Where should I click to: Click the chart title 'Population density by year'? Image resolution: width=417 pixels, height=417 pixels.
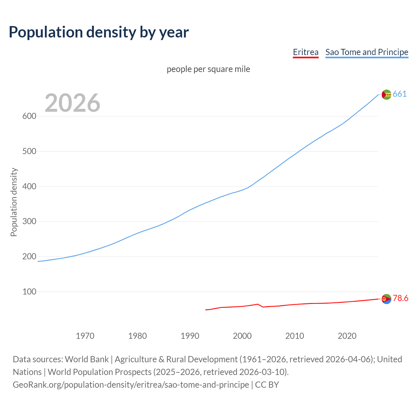point(99,32)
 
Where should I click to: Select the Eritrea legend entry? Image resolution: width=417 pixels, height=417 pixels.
point(306,52)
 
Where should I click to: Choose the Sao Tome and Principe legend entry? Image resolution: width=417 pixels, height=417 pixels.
point(367,52)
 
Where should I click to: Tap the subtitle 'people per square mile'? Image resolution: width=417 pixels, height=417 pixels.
point(208,69)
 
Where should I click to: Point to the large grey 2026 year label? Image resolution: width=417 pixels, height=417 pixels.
point(72,103)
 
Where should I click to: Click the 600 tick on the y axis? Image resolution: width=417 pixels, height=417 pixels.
point(29,116)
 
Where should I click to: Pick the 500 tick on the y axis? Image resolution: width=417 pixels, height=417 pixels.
point(29,151)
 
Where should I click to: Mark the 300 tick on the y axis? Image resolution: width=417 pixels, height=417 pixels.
point(29,222)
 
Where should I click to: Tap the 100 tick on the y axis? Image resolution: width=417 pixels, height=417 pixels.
point(29,292)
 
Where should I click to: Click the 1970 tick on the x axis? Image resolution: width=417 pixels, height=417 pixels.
point(85,336)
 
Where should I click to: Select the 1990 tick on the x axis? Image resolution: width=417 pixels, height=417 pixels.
point(190,336)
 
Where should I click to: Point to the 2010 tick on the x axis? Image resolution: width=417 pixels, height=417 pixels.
point(295,336)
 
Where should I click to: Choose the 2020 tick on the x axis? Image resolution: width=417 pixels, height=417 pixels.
point(347,336)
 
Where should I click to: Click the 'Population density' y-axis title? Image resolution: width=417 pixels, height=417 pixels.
point(14,202)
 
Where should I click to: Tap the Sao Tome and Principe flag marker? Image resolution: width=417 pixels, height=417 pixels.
point(386,94)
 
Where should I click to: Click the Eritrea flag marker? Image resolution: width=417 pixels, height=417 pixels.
point(386,299)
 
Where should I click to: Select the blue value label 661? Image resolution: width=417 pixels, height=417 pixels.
point(400,94)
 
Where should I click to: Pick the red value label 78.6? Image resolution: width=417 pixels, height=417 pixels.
point(400,298)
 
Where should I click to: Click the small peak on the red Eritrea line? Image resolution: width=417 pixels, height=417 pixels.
point(258,304)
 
